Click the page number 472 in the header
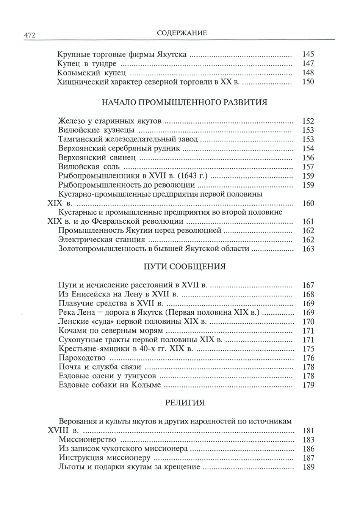click(30, 35)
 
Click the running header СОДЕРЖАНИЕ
click(182, 33)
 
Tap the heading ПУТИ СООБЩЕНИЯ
click(185, 267)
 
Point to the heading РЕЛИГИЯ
click(185, 403)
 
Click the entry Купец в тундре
click(87, 64)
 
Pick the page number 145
click(308, 55)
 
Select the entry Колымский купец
click(91, 73)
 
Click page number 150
click(308, 82)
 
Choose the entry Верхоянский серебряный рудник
click(120, 149)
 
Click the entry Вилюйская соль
click(89, 167)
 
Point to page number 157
click(308, 167)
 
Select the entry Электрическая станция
click(102, 240)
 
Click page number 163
click(308, 249)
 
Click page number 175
click(308, 349)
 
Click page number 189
click(308, 467)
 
